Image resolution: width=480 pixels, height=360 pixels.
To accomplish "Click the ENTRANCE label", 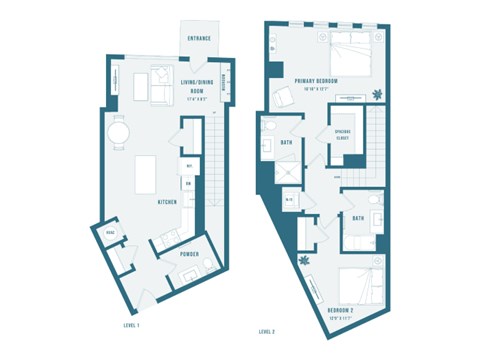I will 199,39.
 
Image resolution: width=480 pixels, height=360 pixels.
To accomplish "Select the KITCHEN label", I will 168,202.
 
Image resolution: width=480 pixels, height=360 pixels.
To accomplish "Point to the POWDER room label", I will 189,254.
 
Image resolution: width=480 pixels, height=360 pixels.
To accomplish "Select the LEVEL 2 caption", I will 266,330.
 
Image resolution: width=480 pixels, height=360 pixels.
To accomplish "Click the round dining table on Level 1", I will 120,132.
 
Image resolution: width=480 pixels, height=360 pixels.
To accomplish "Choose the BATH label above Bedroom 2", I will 357,217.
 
